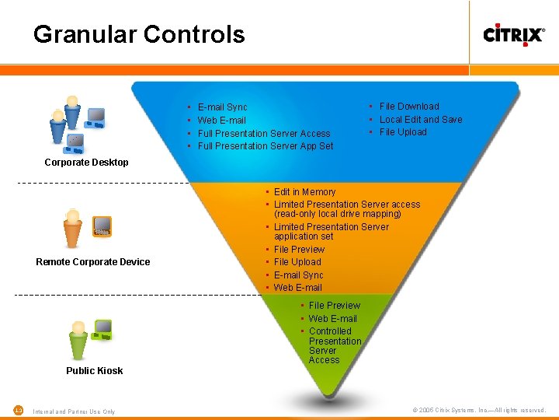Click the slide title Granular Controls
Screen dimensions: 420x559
click(x=139, y=34)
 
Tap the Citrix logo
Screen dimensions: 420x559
click(x=513, y=34)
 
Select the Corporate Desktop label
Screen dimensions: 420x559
click(x=86, y=163)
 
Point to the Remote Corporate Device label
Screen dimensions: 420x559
click(x=93, y=262)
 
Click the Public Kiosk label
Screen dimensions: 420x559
click(x=94, y=371)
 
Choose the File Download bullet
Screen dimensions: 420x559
click(x=408, y=107)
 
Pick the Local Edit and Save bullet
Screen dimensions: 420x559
click(x=420, y=120)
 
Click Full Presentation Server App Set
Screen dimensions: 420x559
click(x=265, y=146)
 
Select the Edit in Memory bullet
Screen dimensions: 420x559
click(x=304, y=192)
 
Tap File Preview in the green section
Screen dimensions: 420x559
click(x=334, y=306)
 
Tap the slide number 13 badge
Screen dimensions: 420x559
click(x=19, y=410)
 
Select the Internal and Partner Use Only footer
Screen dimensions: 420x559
click(x=74, y=411)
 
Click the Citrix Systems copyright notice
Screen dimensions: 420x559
click(x=479, y=410)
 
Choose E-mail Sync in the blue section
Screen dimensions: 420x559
click(x=222, y=107)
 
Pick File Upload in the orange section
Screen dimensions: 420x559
click(x=297, y=262)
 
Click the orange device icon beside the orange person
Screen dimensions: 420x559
click(x=102, y=226)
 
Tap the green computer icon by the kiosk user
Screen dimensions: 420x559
click(x=102, y=330)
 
